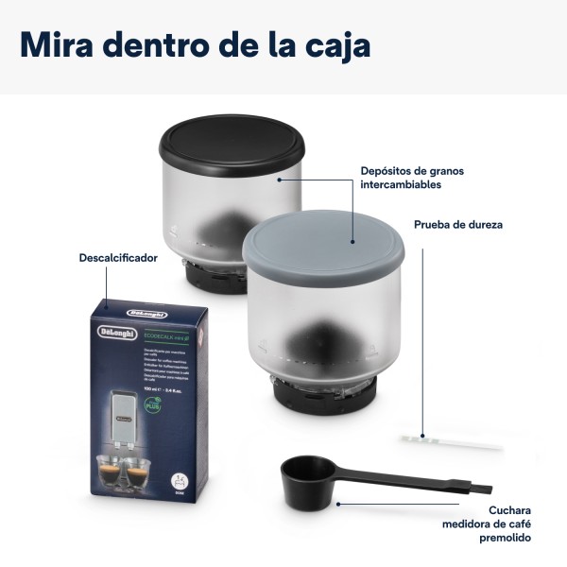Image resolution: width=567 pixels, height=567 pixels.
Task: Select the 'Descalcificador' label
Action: pos(118,256)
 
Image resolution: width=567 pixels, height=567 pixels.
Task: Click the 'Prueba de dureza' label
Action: pos(458,226)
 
